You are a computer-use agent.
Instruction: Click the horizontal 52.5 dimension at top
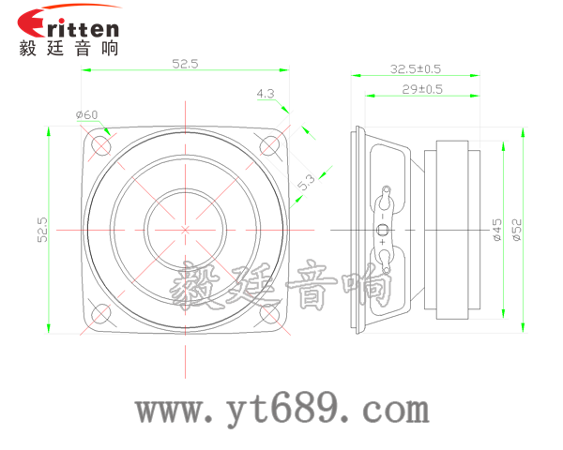[185, 64]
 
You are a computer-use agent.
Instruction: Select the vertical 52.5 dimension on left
[41, 230]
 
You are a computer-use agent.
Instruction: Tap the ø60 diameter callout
[86, 115]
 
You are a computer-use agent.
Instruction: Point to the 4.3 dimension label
[265, 94]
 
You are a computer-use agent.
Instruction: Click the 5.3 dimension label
[305, 183]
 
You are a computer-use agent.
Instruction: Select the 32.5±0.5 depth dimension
[416, 68]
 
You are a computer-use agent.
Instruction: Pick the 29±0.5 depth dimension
[422, 89]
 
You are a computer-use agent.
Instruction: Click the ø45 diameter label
[496, 230]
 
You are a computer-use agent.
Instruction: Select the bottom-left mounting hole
[101, 312]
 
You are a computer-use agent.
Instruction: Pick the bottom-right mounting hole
[268, 312]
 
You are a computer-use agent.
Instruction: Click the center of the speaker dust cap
[185, 229]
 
